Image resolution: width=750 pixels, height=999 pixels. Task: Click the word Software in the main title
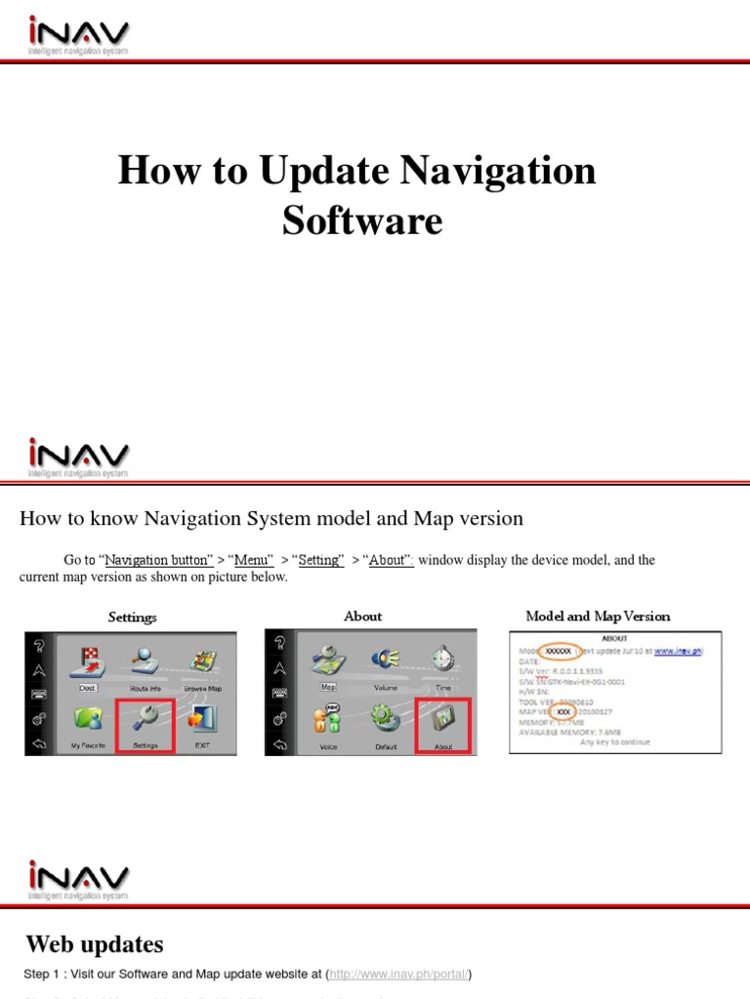pyautogui.click(x=362, y=220)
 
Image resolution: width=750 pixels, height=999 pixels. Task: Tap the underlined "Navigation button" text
pyautogui.click(x=159, y=560)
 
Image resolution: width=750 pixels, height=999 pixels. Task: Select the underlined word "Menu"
pyautogui.click(x=250, y=560)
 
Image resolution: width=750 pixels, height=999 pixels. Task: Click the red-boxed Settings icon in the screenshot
pyautogui.click(x=145, y=724)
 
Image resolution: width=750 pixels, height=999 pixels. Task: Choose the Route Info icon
pyautogui.click(x=145, y=665)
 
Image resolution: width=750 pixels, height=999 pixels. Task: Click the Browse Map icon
pyautogui.click(x=202, y=665)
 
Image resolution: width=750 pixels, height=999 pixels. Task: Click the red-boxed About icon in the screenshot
pyautogui.click(x=443, y=724)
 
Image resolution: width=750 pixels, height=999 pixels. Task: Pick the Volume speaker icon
pyautogui.click(x=386, y=662)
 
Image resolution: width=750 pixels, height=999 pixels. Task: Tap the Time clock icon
pyautogui.click(x=443, y=662)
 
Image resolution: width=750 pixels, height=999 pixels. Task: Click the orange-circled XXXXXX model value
pyautogui.click(x=559, y=650)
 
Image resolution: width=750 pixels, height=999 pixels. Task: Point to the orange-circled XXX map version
pyautogui.click(x=564, y=712)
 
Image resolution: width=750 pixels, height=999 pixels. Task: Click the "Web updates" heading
pyautogui.click(x=94, y=943)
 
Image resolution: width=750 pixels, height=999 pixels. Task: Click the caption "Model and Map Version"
pyautogui.click(x=598, y=616)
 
